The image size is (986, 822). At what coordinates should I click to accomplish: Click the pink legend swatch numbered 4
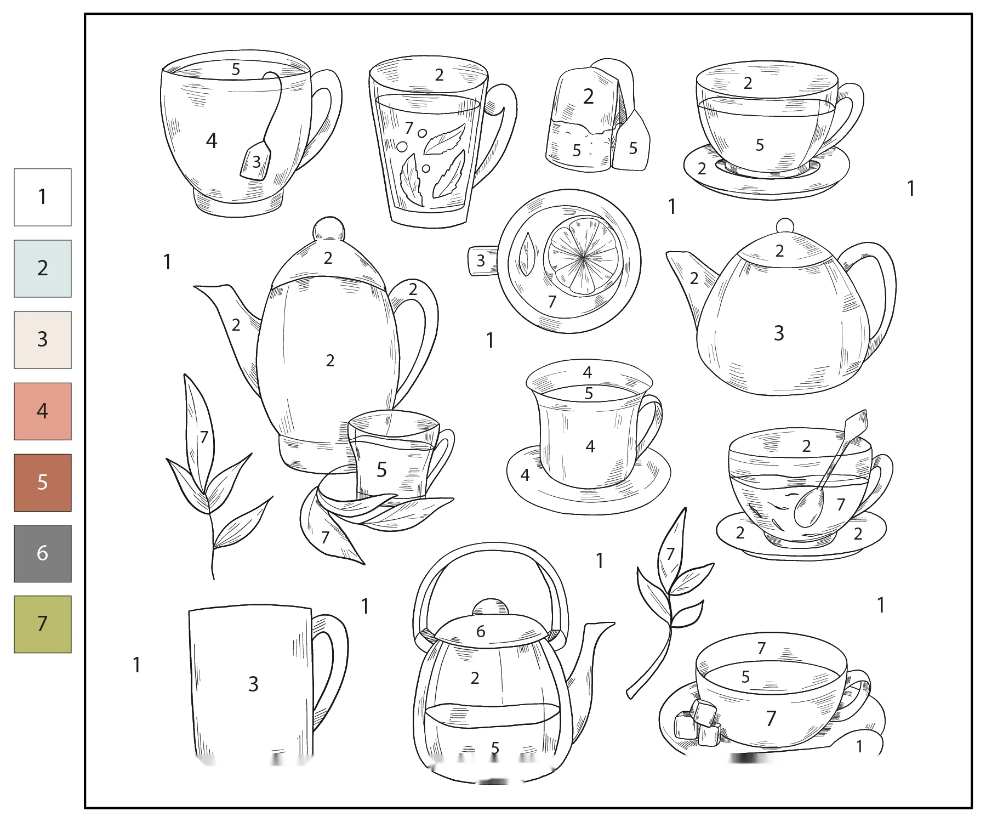coord(43,411)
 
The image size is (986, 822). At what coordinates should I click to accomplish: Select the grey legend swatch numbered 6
coord(43,553)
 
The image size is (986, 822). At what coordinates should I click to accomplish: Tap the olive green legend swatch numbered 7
coord(43,624)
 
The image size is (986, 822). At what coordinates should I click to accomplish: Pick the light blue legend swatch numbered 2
coord(43,269)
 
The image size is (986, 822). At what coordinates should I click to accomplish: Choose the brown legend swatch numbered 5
coord(43,483)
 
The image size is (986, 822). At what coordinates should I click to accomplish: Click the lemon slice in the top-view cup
coord(583,256)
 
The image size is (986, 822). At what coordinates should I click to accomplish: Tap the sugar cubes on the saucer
coord(696,723)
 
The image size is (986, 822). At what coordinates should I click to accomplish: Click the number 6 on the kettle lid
coord(481,632)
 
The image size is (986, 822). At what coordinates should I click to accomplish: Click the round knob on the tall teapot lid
coord(329,229)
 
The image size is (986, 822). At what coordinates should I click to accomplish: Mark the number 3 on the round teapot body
coord(779,333)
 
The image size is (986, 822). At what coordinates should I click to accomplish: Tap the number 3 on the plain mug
coord(253,684)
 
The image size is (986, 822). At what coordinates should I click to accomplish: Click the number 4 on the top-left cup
coord(212,141)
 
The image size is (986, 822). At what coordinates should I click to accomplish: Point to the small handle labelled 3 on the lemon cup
coord(482,260)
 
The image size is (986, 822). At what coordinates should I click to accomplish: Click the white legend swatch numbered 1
coord(43,197)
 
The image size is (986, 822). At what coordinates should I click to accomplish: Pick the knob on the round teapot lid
coord(785,226)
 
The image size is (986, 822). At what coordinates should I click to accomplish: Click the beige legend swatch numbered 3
coord(43,340)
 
